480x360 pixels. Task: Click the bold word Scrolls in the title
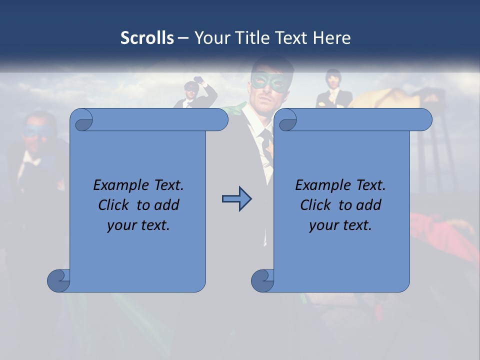(147, 38)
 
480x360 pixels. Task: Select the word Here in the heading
(332, 38)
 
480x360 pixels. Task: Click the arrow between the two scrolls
(236, 199)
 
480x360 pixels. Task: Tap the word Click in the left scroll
(115, 205)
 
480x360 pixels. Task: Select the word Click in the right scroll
(317, 205)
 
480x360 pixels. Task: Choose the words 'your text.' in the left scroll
(138, 225)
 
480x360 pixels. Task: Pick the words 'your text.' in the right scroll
(340, 225)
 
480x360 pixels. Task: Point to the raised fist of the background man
(200, 80)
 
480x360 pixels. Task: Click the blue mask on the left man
(36, 131)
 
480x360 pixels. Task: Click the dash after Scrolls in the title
(183, 38)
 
